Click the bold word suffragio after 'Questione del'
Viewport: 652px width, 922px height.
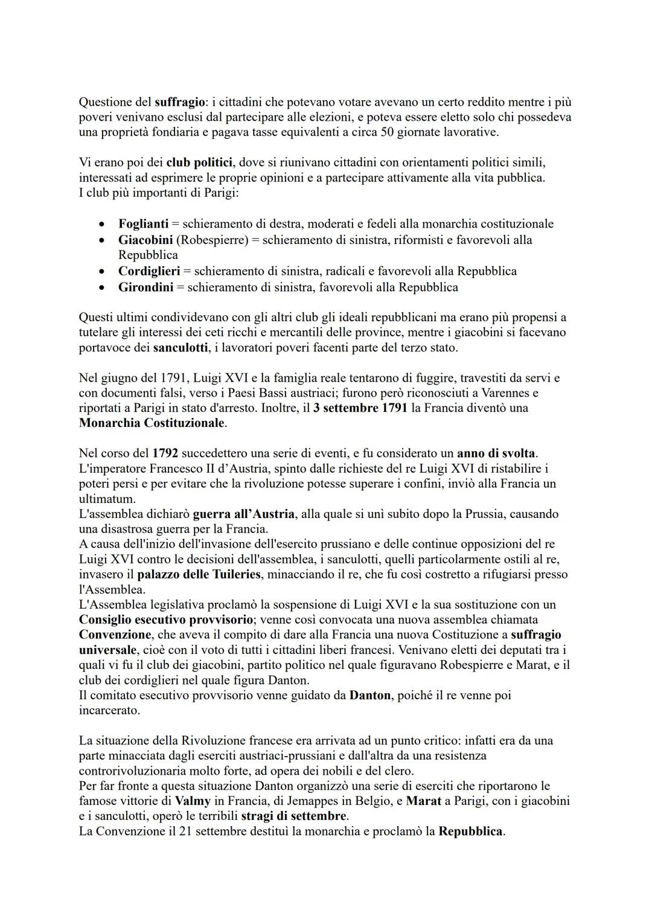point(179,101)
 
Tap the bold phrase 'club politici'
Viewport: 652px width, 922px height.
point(199,162)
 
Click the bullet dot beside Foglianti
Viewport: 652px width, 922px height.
point(104,224)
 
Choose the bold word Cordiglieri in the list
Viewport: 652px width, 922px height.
point(149,271)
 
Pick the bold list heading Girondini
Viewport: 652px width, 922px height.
point(145,287)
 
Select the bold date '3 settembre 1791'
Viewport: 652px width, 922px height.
point(360,408)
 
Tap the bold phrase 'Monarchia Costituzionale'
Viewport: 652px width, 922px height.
point(152,423)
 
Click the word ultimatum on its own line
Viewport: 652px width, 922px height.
point(107,499)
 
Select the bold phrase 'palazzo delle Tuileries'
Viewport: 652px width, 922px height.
point(199,574)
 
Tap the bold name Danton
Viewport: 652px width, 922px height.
point(369,695)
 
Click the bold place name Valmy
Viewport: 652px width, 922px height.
point(193,801)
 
